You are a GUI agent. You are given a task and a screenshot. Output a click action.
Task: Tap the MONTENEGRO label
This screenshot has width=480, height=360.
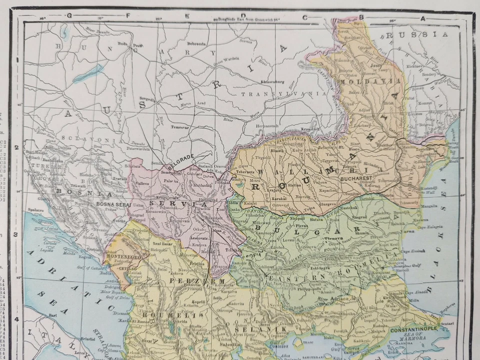tap(122, 256)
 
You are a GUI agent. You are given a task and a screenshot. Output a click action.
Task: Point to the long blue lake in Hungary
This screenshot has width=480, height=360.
tap(88, 73)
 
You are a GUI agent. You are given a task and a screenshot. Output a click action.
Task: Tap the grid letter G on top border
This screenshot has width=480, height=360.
tap(69, 15)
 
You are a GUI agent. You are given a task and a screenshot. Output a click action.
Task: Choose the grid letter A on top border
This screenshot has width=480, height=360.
tap(422, 18)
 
